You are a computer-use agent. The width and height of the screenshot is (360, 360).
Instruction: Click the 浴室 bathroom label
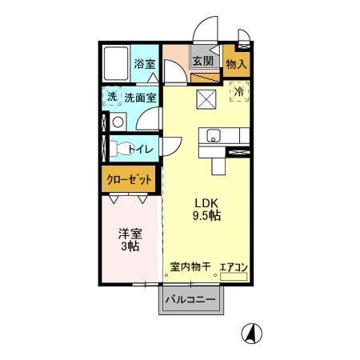144,63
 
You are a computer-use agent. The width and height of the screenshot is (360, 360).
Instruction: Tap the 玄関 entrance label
202,61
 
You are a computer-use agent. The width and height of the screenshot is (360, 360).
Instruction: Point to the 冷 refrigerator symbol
238,91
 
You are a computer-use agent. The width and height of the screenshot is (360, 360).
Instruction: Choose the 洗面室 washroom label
140,98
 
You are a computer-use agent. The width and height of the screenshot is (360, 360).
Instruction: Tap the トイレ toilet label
142,148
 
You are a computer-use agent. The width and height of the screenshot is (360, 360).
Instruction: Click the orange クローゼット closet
129,179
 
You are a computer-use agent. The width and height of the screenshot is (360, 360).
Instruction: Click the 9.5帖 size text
206,216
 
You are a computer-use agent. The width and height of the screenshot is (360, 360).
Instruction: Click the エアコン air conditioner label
234,266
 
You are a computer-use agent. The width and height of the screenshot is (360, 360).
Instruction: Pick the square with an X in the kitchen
206,100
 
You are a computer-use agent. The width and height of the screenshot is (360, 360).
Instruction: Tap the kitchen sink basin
214,134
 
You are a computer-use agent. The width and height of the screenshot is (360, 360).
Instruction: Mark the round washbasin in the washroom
118,122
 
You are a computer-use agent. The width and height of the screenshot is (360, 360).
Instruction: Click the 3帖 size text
130,247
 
